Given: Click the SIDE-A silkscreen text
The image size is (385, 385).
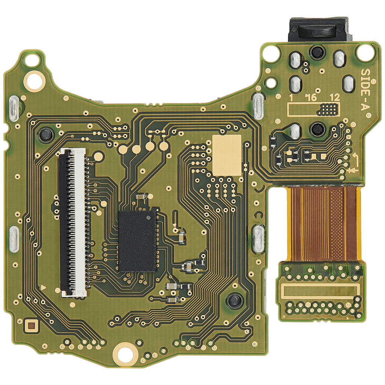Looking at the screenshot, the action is (365, 89).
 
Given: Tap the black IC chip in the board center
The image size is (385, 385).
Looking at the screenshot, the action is (138, 241).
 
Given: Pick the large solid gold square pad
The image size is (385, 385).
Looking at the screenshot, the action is (227, 155).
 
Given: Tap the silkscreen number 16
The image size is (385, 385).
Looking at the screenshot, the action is (311, 97).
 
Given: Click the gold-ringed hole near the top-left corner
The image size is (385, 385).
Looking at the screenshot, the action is (34, 81).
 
